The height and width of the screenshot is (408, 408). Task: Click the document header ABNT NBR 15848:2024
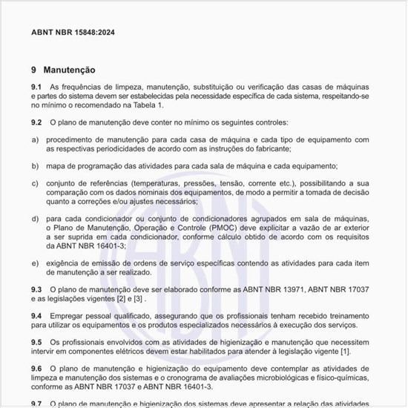(73, 33)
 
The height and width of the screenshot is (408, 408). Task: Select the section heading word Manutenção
(69, 70)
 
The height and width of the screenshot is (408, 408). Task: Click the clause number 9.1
(36, 88)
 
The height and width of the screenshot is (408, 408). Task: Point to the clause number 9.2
(36, 121)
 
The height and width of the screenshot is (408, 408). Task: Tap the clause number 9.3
(36, 289)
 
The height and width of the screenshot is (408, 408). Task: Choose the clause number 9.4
(36, 315)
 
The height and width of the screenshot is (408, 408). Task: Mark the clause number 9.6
(36, 368)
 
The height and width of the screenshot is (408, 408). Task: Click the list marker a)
(35, 139)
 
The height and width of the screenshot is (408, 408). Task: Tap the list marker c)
(35, 182)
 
